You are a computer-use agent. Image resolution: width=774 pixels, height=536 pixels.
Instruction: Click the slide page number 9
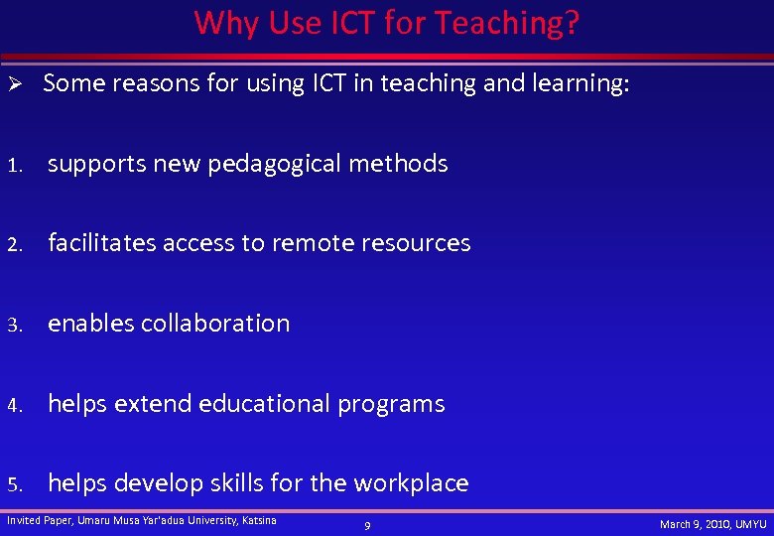pyautogui.click(x=367, y=525)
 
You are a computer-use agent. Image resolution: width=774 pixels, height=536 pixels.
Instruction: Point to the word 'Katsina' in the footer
pyautogui.click(x=259, y=520)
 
